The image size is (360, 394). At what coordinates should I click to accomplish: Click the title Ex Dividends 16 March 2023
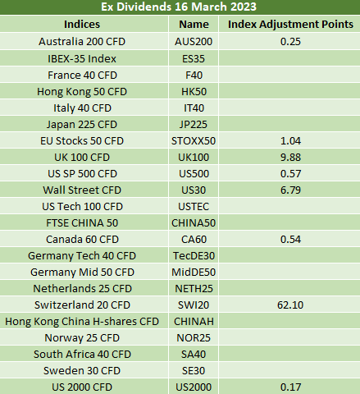179,7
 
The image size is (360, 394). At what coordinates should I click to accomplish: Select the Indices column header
82,24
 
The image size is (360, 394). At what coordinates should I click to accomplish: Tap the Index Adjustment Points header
290,24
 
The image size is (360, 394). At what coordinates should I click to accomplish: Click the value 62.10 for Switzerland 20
290,305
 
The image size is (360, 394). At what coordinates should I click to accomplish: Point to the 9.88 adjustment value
290,157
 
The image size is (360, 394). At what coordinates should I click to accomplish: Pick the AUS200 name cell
194,42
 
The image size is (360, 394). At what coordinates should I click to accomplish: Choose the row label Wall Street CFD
82,190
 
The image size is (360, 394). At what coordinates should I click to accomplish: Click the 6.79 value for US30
290,190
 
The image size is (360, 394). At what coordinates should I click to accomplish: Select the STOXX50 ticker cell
194,140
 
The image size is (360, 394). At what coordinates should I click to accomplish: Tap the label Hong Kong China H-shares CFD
82,321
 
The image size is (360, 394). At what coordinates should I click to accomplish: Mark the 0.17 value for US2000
290,387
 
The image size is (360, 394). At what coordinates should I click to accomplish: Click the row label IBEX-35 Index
82,58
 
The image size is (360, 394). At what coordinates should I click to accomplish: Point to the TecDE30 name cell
194,255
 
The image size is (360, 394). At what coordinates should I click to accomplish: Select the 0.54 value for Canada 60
290,239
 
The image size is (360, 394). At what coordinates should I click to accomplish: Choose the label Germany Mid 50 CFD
82,272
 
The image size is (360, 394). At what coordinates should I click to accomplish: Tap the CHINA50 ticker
194,222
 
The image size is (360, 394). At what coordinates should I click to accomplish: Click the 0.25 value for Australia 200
290,42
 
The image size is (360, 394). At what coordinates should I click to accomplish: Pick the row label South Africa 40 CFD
82,354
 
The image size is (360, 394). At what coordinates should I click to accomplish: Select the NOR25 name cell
194,337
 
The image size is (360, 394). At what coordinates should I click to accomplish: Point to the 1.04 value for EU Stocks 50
290,140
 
